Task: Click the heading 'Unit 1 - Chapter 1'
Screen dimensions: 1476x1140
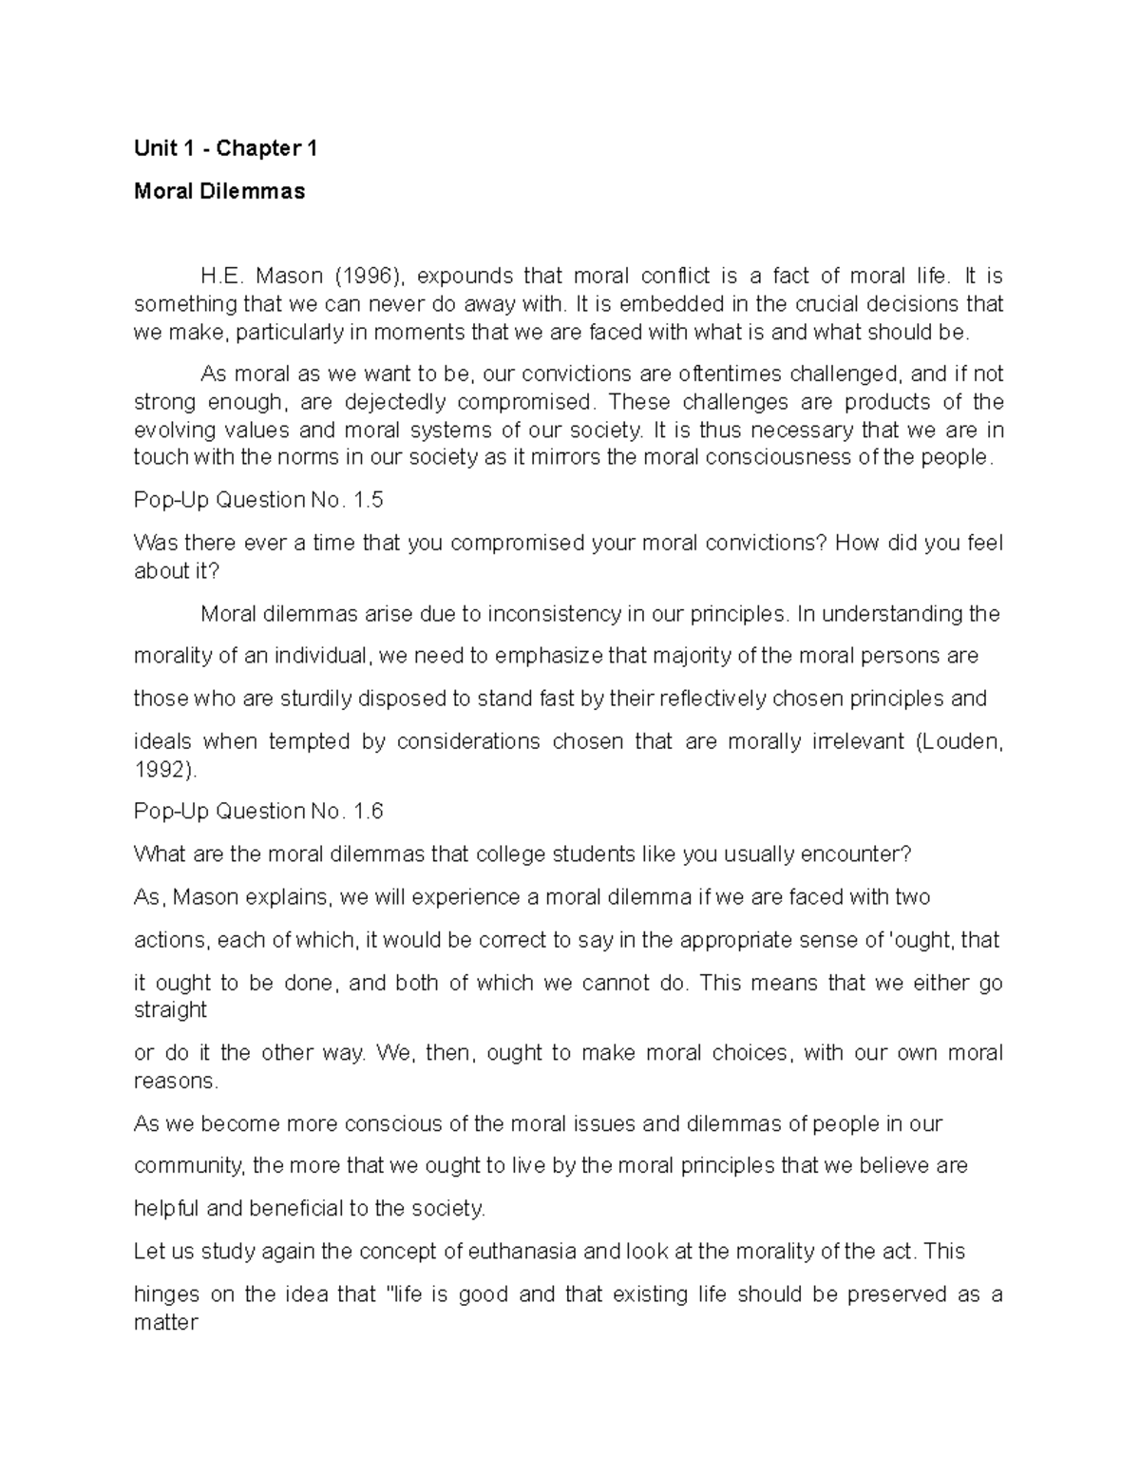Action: (x=225, y=148)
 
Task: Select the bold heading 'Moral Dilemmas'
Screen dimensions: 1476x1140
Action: (x=219, y=191)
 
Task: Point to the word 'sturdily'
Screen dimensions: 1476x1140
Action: (x=314, y=699)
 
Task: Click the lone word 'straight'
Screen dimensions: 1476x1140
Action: (x=170, y=1009)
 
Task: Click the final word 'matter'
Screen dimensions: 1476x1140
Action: (x=165, y=1322)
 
